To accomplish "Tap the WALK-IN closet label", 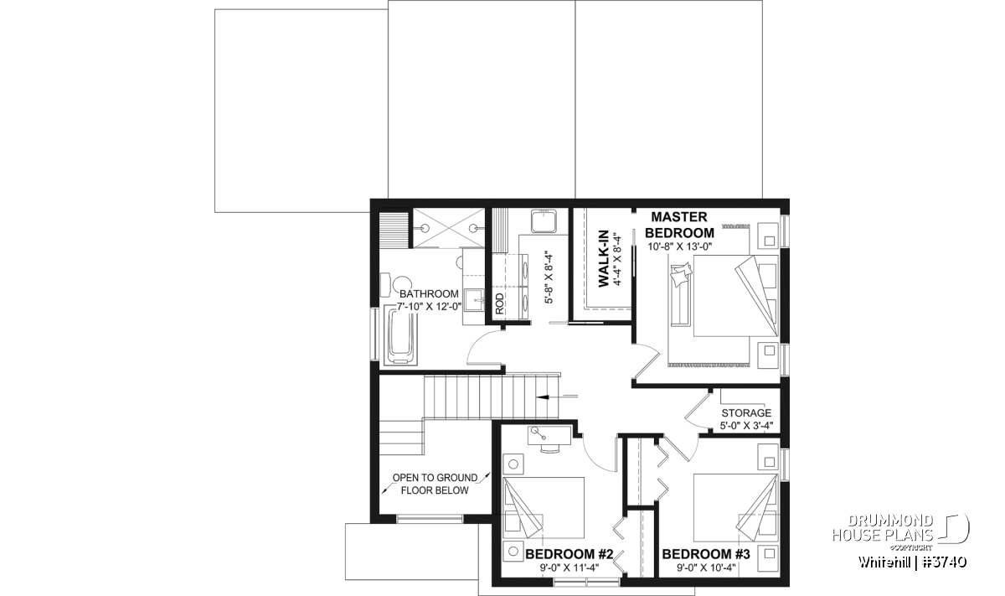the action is [x=604, y=259].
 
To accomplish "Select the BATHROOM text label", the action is [x=429, y=293].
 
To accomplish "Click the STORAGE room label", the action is [x=746, y=412].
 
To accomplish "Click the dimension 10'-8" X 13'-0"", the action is [x=680, y=246].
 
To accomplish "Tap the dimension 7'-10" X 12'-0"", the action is [x=430, y=307].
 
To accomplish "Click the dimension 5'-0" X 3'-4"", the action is [x=746, y=426].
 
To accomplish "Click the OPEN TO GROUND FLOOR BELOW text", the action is [x=435, y=484].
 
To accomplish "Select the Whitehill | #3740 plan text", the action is [x=913, y=562].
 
